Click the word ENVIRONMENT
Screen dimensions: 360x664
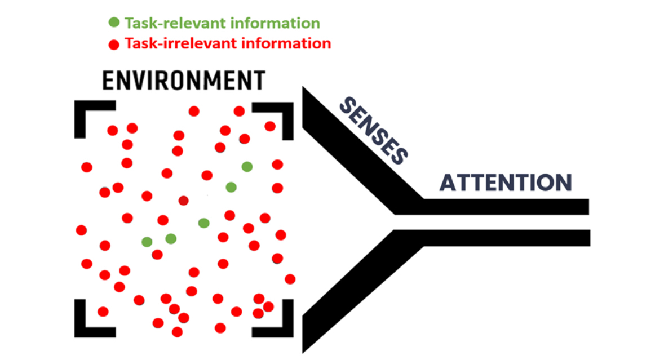[x=183, y=82]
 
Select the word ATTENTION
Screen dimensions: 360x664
[x=506, y=183]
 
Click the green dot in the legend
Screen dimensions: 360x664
[x=114, y=23]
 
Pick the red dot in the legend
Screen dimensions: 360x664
[x=114, y=44]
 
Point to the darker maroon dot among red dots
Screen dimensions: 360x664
[x=183, y=200]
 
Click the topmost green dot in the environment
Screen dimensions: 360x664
[x=247, y=166]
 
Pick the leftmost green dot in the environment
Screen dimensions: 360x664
[x=147, y=242]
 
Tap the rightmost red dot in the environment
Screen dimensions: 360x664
[x=290, y=279]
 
